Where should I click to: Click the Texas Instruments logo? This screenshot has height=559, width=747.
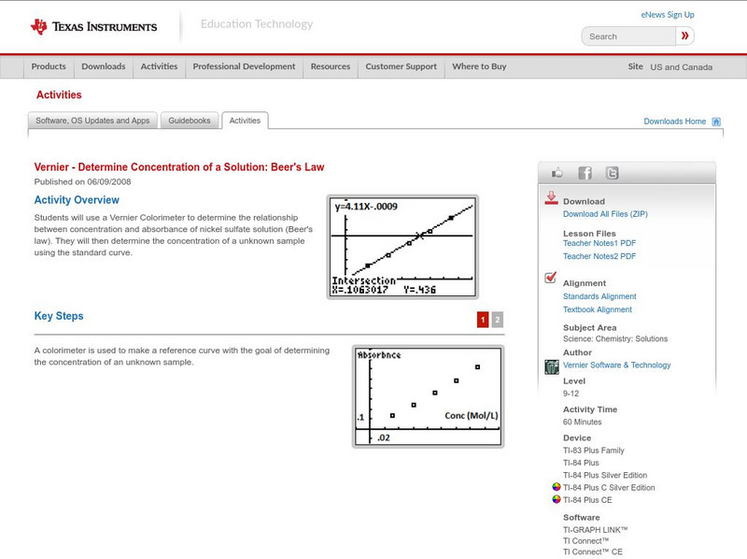point(93,27)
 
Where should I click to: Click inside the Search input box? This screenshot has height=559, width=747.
point(627,36)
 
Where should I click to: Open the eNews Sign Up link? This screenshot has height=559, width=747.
point(667,15)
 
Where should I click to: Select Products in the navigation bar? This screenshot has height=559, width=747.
point(49,67)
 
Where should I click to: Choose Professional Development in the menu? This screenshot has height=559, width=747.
point(244,67)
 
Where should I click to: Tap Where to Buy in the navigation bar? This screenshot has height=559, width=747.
point(479,67)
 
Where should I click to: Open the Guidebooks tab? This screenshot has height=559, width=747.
point(190,121)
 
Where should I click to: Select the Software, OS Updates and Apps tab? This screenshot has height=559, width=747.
point(92,121)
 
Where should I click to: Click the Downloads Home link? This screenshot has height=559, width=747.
point(674,122)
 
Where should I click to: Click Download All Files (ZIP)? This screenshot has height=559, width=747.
point(604,214)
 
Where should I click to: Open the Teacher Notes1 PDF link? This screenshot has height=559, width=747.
point(599,243)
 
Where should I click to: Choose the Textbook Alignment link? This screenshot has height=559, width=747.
point(597,309)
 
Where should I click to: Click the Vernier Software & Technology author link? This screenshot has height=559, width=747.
point(616,365)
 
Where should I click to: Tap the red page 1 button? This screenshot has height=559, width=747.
point(483,320)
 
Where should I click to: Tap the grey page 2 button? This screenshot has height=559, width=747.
point(497,320)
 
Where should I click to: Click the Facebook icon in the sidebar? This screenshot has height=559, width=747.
point(585,173)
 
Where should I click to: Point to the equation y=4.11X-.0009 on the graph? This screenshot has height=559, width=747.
point(369,207)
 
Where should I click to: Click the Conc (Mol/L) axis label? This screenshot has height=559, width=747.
point(471,415)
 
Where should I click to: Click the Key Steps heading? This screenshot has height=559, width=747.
point(59,317)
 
